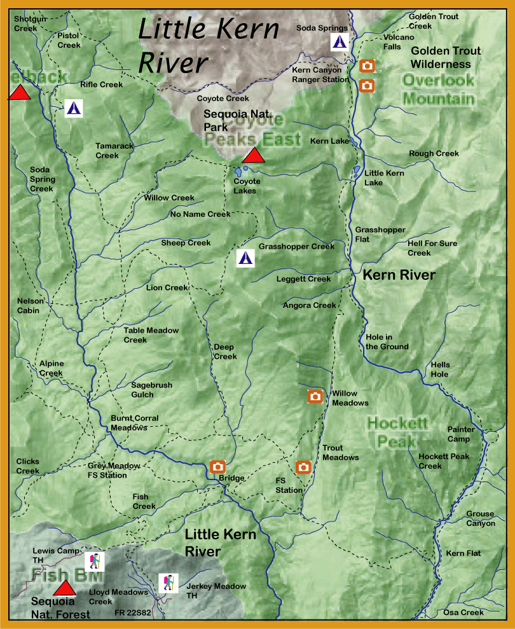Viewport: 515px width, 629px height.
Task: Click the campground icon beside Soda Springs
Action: [x=340, y=43]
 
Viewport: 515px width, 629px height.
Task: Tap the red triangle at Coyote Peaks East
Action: [x=254, y=155]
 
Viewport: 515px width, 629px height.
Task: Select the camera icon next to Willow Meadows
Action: [x=315, y=396]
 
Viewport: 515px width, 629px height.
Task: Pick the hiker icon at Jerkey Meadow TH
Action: [x=168, y=582]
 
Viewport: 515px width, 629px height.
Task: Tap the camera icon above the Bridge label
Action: [x=217, y=466]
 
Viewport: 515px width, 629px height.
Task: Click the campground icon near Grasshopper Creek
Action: [x=245, y=258]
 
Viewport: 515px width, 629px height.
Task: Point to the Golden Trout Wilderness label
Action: [x=446, y=57]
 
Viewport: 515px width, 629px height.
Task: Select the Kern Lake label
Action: [x=329, y=141]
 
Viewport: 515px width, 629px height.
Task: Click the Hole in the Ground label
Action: [x=387, y=342]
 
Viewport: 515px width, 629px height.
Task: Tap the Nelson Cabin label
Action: [x=28, y=306]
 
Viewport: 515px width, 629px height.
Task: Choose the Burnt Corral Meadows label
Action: [x=134, y=423]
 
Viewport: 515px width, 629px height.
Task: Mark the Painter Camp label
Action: [x=461, y=434]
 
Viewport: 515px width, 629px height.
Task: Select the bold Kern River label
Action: [x=399, y=275]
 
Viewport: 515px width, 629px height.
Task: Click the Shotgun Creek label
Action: [x=31, y=24]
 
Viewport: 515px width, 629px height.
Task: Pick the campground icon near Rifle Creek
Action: [x=74, y=108]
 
